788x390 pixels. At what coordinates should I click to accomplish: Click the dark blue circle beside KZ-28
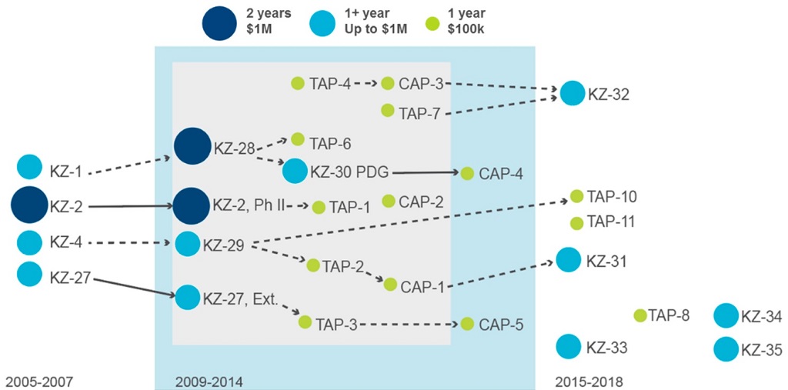(x=192, y=146)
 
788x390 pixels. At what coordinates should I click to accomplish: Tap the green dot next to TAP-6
(x=298, y=139)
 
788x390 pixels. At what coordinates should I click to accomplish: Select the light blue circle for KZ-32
(x=572, y=92)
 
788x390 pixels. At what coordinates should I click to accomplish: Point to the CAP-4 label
(x=501, y=174)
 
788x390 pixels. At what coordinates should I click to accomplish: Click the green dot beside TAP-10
(x=576, y=196)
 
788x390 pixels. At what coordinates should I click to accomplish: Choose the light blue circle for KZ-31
(x=568, y=260)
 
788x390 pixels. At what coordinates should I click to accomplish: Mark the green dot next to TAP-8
(x=639, y=315)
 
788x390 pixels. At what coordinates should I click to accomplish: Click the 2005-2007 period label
(x=38, y=381)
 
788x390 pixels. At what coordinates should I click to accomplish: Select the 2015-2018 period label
(x=589, y=381)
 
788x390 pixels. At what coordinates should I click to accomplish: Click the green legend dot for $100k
(x=433, y=23)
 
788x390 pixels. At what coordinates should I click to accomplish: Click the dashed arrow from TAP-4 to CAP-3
(x=368, y=83)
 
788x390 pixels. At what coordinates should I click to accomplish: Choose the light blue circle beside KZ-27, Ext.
(x=187, y=296)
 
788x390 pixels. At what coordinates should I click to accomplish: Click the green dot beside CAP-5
(x=467, y=324)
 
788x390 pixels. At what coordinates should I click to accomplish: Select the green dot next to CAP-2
(x=389, y=201)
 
